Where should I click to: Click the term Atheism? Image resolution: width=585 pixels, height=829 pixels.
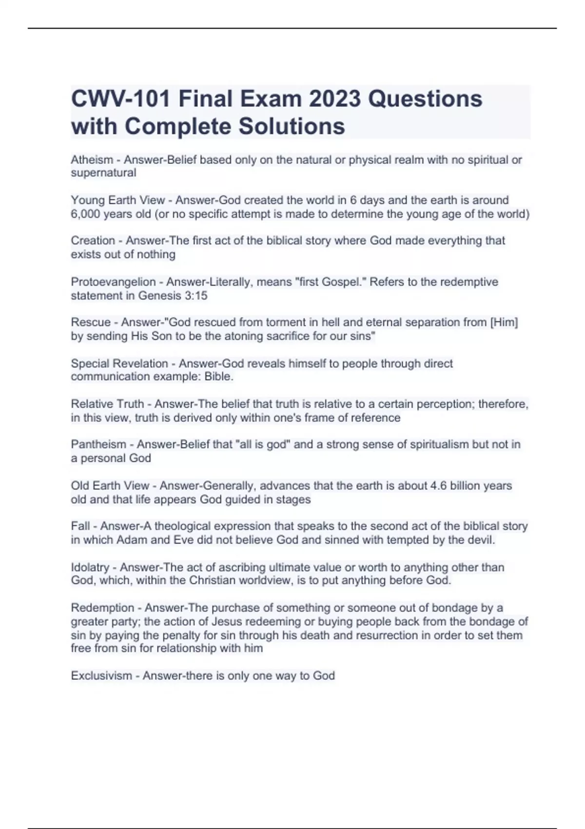click(92, 160)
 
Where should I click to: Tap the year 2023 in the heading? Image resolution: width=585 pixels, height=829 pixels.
click(335, 99)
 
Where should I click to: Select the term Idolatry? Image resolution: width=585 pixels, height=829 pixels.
click(90, 567)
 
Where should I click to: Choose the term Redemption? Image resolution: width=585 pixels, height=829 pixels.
click(102, 608)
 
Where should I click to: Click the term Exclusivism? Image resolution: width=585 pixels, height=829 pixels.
click(101, 676)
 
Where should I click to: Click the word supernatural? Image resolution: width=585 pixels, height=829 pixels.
click(103, 173)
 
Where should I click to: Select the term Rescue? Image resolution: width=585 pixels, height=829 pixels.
click(91, 322)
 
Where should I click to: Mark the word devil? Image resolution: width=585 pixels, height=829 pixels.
click(480, 540)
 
